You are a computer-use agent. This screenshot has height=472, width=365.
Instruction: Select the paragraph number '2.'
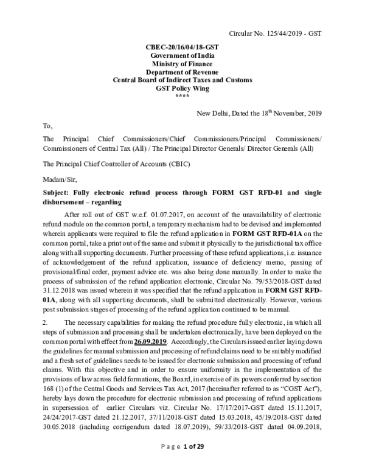[x=46, y=322]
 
